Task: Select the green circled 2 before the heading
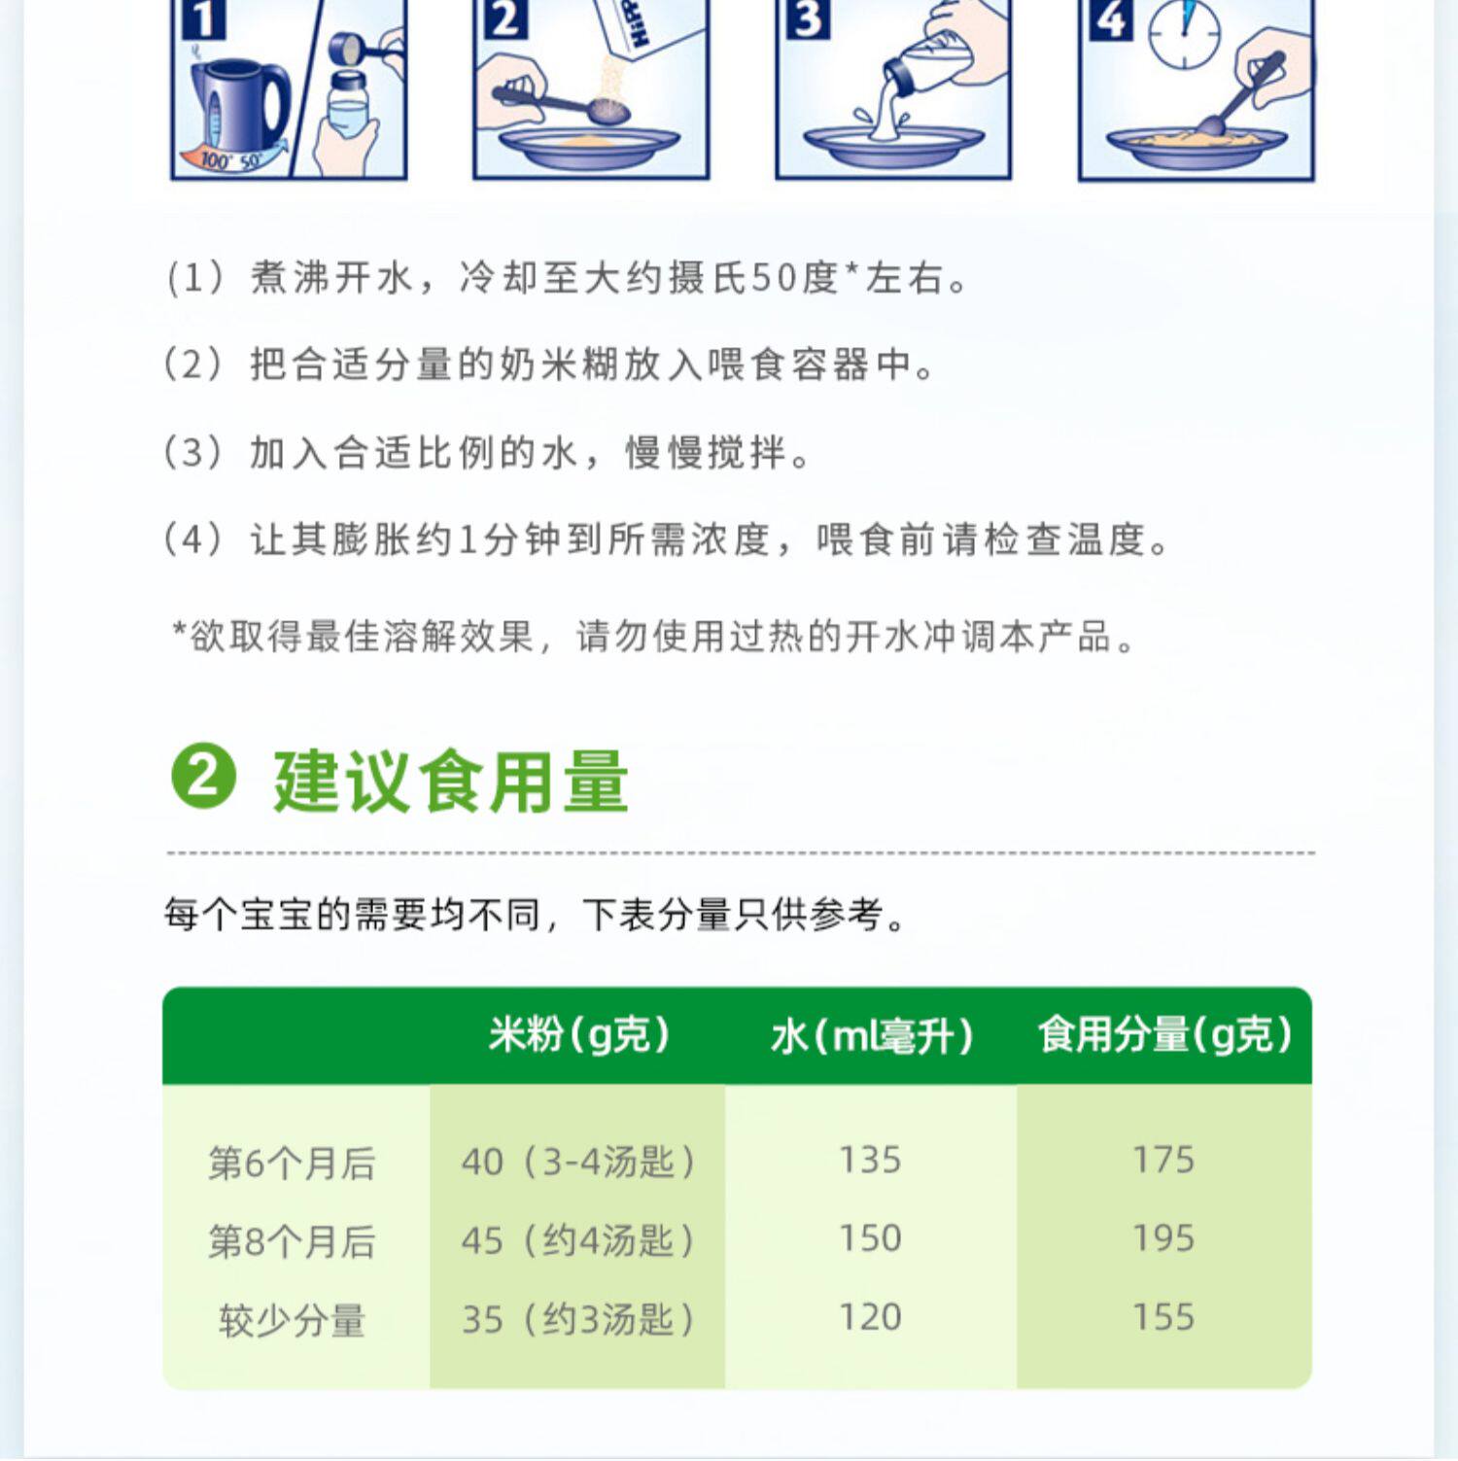pos(203,778)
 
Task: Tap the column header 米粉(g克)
pos(579,1035)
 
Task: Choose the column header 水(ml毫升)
pos(872,1036)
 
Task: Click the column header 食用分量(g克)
pos(1164,1035)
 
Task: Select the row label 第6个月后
pos(292,1163)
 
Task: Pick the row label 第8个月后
pos(292,1241)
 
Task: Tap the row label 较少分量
pos(292,1320)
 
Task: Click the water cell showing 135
pos(870,1160)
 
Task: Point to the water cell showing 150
pos(870,1238)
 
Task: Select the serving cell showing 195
pos(1163,1238)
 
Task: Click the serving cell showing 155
pos(1163,1317)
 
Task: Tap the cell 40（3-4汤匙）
pos(578,1162)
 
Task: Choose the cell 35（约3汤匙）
pos(578,1319)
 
